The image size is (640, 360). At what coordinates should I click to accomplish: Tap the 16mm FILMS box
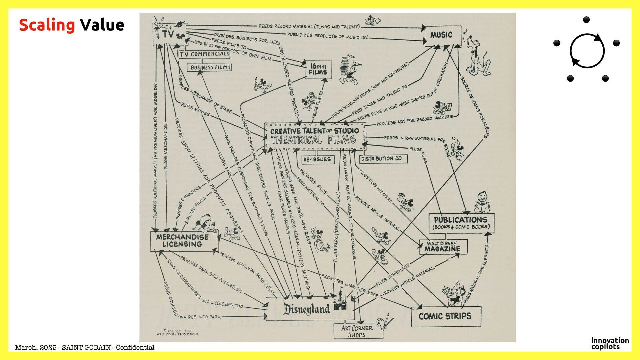click(318, 69)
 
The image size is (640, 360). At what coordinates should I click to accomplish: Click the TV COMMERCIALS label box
click(204, 54)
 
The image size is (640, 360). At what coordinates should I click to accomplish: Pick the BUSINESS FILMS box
click(211, 67)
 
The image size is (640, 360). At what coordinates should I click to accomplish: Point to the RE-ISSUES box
click(317, 159)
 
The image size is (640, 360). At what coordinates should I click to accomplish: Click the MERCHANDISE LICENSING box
click(183, 241)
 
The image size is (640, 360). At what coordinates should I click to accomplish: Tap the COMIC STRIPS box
click(445, 316)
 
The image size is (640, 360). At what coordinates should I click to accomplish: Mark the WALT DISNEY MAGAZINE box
click(443, 247)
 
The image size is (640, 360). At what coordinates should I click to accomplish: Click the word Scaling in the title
click(47, 25)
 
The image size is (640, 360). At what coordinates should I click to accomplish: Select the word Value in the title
click(102, 25)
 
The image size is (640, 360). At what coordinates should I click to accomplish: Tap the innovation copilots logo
click(610, 343)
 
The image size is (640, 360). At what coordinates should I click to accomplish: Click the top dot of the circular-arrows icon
click(586, 20)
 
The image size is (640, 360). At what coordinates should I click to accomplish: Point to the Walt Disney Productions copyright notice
click(177, 332)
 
